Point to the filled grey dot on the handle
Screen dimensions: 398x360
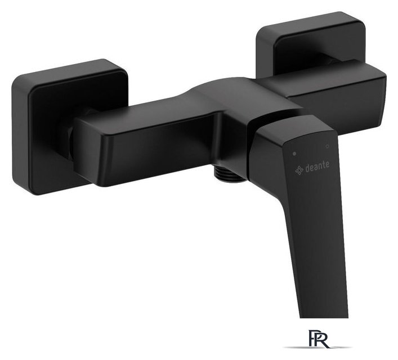coord(294,154)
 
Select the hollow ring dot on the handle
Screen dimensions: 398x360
coord(327,146)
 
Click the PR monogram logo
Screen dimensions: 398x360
coord(319,338)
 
